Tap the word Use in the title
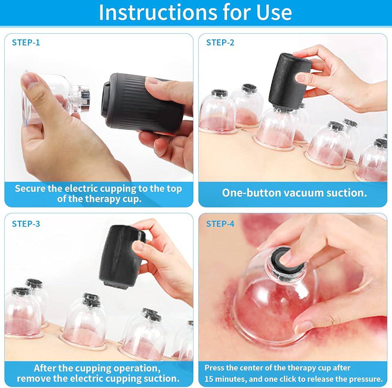pyautogui.click(x=274, y=12)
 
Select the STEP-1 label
pyautogui.click(x=26, y=42)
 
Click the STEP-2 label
pyautogui.click(x=220, y=42)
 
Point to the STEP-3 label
pyautogui.click(x=26, y=224)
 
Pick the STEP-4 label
pyautogui.click(x=220, y=224)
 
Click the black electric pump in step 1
pyautogui.click(x=143, y=102)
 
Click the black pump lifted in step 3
pyautogui.click(x=121, y=257)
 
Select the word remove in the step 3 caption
pyautogui.click(x=33, y=378)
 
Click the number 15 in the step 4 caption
pyautogui.click(x=209, y=379)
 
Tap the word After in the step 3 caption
pyautogui.click(x=44, y=368)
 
